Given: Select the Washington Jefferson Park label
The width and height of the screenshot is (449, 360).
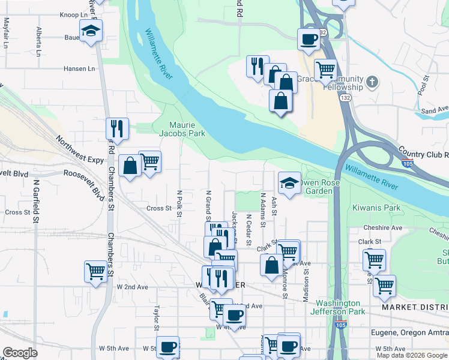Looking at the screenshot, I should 338,307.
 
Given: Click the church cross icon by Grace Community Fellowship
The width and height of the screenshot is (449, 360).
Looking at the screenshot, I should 372,82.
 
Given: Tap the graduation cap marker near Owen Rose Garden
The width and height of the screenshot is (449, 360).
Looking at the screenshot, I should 289,182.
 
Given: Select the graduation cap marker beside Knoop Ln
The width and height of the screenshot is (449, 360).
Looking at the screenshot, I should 91,31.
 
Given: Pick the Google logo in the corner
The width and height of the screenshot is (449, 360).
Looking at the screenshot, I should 20,353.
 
